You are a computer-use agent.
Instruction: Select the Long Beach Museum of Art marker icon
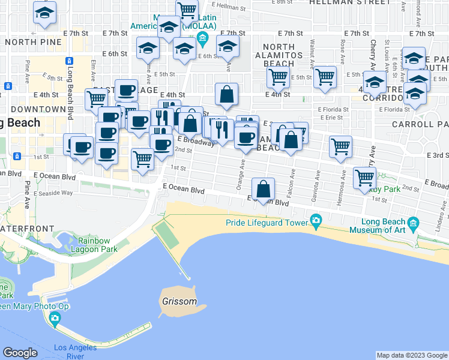point(412,223)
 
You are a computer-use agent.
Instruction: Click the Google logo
point(20,353)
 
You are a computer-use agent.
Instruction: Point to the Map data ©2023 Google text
point(411,355)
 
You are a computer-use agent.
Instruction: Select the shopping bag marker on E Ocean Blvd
point(263,190)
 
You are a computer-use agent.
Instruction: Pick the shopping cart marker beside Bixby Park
point(364,178)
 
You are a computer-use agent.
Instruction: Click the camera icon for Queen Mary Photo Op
point(55,317)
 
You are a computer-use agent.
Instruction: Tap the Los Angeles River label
point(76,352)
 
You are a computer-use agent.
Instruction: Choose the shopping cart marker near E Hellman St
point(187,10)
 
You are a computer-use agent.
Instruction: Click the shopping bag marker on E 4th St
point(226,94)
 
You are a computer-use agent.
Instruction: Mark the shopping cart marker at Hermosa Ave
point(340,146)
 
